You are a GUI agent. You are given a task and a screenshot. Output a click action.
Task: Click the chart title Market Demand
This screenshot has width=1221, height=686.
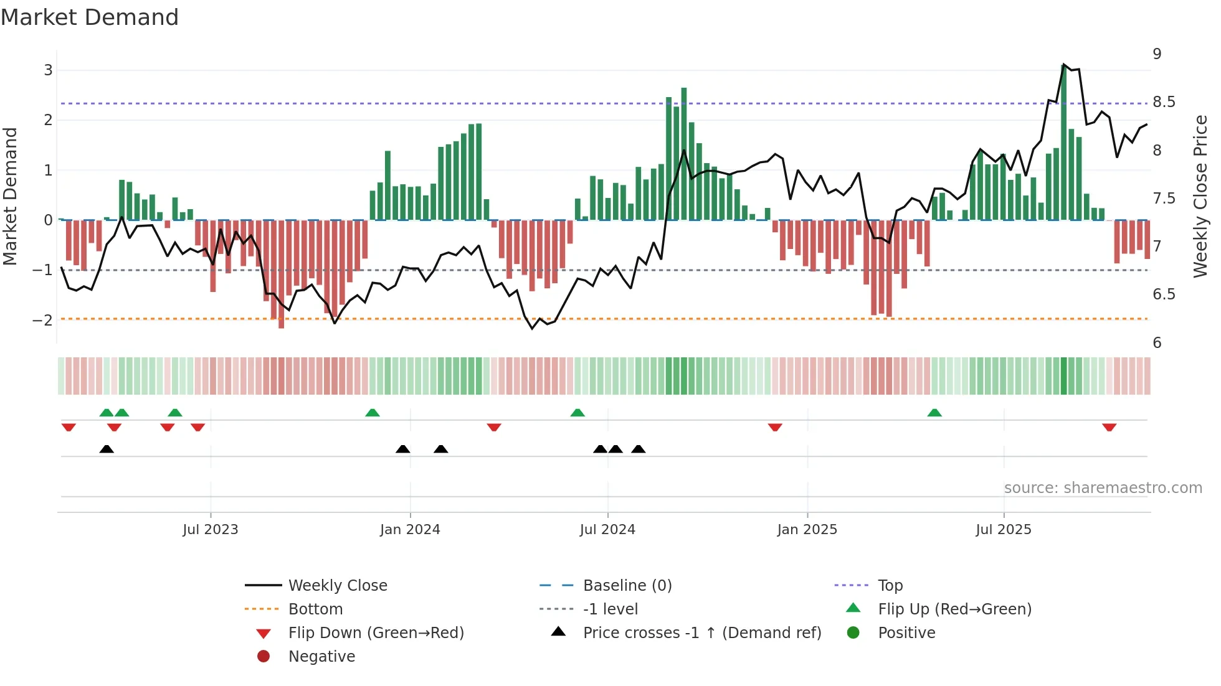pyautogui.click(x=90, y=17)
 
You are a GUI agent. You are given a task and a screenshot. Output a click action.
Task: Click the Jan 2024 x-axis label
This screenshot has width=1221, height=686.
pyautogui.click(x=410, y=530)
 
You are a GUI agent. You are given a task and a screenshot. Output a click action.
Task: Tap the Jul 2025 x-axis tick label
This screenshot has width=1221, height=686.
pyautogui.click(x=1004, y=530)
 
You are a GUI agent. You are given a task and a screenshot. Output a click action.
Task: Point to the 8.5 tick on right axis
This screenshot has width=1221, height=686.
pyautogui.click(x=1164, y=102)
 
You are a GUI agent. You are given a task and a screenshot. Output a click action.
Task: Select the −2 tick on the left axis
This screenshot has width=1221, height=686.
pyautogui.click(x=43, y=321)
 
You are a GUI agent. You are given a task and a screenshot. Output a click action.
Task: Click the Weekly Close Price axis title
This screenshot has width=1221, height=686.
pyautogui.click(x=1200, y=196)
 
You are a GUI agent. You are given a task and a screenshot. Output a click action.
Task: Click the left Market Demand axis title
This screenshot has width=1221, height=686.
pyautogui.click(x=10, y=196)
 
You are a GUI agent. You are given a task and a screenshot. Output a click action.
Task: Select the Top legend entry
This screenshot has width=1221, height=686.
pyautogui.click(x=890, y=586)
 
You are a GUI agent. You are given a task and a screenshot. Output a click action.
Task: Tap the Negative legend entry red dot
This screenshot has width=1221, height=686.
pyautogui.click(x=264, y=657)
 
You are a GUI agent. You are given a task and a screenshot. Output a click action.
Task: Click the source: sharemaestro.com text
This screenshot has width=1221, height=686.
pyautogui.click(x=1103, y=488)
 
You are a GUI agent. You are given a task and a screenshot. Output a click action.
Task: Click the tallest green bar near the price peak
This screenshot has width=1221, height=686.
pyautogui.click(x=1063, y=143)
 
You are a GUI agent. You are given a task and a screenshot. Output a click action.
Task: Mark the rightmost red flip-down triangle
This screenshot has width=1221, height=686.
pyautogui.click(x=1109, y=427)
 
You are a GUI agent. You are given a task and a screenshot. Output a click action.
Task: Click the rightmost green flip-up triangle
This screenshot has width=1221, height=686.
pyautogui.click(x=934, y=413)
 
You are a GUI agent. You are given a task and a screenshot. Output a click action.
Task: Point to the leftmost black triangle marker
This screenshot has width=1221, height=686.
pyautogui.click(x=107, y=449)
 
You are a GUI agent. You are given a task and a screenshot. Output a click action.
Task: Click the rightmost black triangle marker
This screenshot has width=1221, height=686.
pyautogui.click(x=639, y=449)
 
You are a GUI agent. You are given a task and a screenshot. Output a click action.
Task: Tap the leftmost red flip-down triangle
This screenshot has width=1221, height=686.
pyautogui.click(x=69, y=427)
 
